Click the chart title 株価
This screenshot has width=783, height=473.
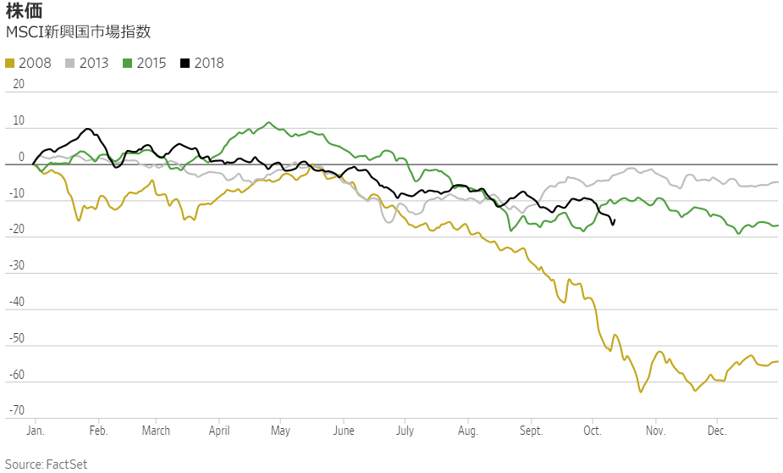point(24,11)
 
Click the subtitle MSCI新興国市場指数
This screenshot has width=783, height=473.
point(79,32)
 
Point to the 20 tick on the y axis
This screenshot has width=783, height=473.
point(19,85)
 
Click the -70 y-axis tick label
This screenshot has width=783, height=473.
point(15,412)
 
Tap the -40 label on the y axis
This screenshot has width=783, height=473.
point(15,303)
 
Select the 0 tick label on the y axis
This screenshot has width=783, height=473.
point(21,158)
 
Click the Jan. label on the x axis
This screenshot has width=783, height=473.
point(35,431)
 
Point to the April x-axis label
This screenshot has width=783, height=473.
point(219,431)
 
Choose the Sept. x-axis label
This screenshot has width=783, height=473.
point(532,431)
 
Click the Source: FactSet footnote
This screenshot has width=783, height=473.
point(47,464)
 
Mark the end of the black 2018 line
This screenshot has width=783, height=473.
point(613,223)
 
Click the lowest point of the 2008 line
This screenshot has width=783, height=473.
point(641,392)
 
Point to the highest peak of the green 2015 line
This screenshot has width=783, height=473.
point(269,122)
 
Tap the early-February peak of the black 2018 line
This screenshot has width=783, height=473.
point(88,129)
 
